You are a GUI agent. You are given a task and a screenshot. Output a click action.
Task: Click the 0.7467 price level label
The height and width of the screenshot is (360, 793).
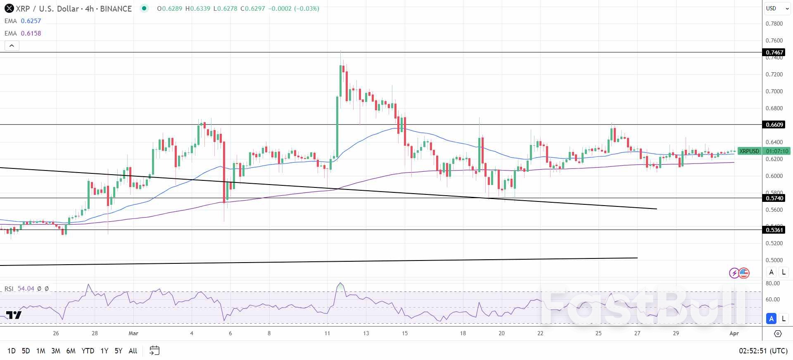click(774, 52)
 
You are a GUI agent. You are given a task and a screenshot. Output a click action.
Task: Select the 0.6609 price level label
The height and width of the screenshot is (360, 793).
click(774, 125)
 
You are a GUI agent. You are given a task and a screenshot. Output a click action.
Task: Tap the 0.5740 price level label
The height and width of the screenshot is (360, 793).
click(774, 198)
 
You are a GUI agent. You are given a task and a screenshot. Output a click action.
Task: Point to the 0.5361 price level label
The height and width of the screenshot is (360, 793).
click(774, 230)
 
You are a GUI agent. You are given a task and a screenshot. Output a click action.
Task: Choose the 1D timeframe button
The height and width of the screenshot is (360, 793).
click(12, 351)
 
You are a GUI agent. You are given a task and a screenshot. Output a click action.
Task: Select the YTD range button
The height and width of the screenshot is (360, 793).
click(88, 351)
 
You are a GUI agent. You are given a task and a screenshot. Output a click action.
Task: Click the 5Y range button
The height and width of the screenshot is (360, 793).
click(118, 351)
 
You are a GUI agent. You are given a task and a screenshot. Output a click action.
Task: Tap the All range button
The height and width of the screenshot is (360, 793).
click(133, 351)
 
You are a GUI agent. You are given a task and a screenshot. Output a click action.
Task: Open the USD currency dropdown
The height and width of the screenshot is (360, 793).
click(776, 8)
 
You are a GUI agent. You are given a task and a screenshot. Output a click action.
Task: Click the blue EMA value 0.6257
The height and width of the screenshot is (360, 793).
click(31, 21)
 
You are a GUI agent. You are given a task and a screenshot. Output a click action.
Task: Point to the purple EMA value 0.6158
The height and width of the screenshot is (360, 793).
click(31, 33)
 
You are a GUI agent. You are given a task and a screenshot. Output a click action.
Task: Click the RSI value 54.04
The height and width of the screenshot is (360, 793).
click(26, 289)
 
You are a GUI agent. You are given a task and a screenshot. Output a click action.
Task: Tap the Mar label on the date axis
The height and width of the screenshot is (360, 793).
click(133, 333)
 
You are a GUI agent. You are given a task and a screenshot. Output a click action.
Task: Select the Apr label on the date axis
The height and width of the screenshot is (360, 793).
click(734, 333)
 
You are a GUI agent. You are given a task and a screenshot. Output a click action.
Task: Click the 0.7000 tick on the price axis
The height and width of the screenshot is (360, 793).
click(774, 91)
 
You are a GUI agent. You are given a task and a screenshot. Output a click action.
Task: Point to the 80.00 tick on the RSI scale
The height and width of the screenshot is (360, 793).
click(772, 284)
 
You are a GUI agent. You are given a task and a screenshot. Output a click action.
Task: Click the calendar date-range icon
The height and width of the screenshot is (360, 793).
click(154, 351)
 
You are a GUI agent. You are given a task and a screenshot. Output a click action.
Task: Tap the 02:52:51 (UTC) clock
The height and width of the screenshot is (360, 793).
click(763, 351)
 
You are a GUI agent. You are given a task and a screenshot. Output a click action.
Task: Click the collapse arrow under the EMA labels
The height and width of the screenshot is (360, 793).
click(12, 46)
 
